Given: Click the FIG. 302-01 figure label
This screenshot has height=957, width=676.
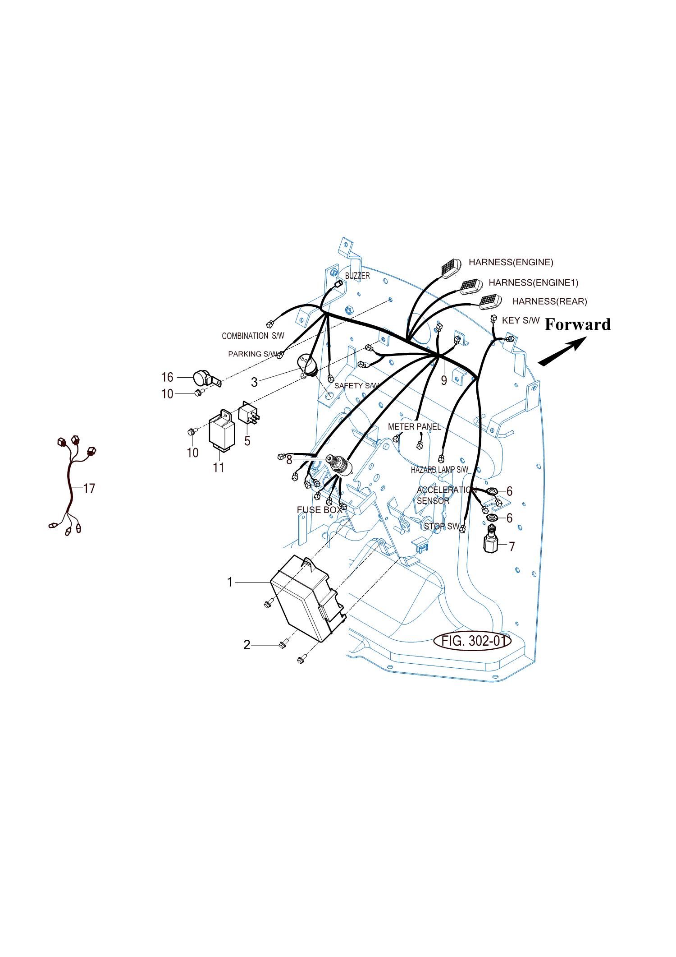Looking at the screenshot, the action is [x=472, y=641].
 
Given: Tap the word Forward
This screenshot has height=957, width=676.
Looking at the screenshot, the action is [x=578, y=324].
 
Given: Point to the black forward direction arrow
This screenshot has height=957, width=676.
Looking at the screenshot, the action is [x=562, y=351].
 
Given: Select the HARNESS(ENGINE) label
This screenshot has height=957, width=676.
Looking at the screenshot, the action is [x=511, y=262].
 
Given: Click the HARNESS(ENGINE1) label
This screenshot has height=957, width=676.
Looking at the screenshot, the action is [x=534, y=282].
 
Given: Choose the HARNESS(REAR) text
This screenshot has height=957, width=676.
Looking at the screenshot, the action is [x=549, y=301].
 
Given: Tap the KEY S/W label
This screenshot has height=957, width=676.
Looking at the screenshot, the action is [x=521, y=320].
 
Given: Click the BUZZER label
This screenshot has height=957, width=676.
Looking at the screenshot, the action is [x=357, y=276].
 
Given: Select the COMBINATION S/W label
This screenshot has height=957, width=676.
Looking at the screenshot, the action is [x=253, y=336].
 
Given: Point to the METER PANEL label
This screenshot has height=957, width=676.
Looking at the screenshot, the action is [x=414, y=427].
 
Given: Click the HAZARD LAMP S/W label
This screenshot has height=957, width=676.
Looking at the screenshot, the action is [x=439, y=470].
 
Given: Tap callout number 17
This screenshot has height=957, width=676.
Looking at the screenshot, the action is [x=89, y=488].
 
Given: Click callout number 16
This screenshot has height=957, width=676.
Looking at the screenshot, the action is [x=167, y=377].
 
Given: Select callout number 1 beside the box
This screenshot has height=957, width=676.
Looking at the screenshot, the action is [x=230, y=582].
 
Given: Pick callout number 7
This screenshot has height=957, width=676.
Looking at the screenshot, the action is [x=512, y=546].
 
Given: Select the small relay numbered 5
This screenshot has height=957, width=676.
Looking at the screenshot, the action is [x=248, y=413].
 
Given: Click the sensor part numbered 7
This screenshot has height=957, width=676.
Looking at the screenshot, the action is [x=491, y=539].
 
